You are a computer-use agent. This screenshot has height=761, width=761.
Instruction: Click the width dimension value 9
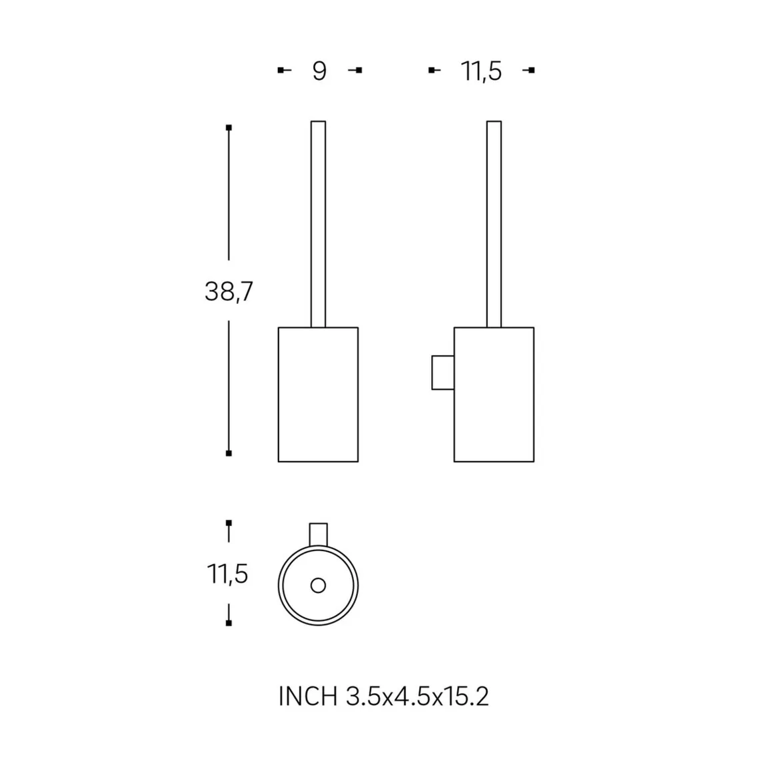tap(319, 71)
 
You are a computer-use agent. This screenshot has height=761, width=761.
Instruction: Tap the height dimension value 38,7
tap(229, 292)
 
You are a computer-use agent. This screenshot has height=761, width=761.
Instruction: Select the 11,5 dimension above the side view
tap(481, 71)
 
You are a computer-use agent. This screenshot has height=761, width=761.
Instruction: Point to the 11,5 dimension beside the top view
tap(228, 574)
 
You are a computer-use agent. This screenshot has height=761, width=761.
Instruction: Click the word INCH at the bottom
tap(308, 696)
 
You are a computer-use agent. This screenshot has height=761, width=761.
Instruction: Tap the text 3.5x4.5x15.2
tap(417, 696)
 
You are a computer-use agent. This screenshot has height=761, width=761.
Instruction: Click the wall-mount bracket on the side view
tap(442, 373)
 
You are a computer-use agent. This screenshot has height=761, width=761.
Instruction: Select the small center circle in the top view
tap(318, 586)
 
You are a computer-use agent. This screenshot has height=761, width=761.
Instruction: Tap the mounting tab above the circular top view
tap(319, 534)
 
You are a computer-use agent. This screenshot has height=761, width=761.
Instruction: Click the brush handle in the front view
tap(318, 224)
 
